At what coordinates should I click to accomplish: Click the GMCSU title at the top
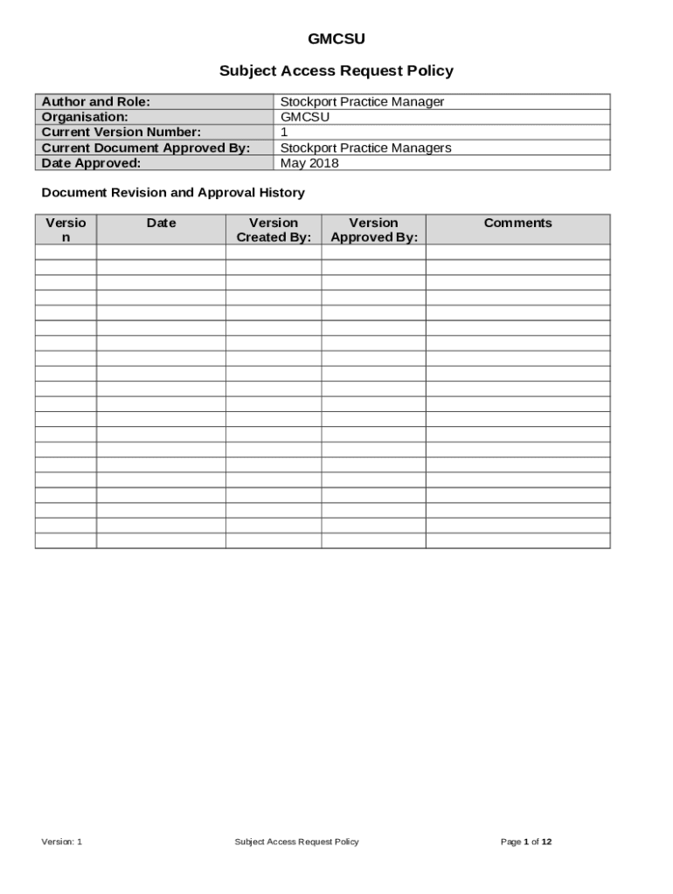(336, 39)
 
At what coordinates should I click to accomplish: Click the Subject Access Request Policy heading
(336, 71)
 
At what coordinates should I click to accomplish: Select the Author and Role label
(96, 102)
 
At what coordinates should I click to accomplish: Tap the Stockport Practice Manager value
(362, 102)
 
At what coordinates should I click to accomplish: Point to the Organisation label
(85, 117)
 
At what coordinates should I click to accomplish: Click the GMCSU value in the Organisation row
(305, 117)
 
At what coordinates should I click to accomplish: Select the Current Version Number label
(121, 133)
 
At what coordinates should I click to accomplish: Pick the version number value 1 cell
(284, 133)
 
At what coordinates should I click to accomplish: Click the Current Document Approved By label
(146, 148)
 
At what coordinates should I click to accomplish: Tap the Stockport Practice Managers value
(365, 148)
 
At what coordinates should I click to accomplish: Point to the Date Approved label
(91, 163)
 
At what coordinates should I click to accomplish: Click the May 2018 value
(309, 163)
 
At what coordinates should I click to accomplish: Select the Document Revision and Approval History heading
(173, 193)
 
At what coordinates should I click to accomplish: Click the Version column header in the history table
(66, 230)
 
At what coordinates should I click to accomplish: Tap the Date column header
(161, 223)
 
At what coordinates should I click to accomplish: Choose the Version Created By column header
(274, 230)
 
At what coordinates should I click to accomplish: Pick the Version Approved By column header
(374, 230)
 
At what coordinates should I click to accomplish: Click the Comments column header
(518, 223)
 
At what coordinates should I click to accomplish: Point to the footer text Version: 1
(62, 842)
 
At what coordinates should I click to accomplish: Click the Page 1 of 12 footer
(526, 842)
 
